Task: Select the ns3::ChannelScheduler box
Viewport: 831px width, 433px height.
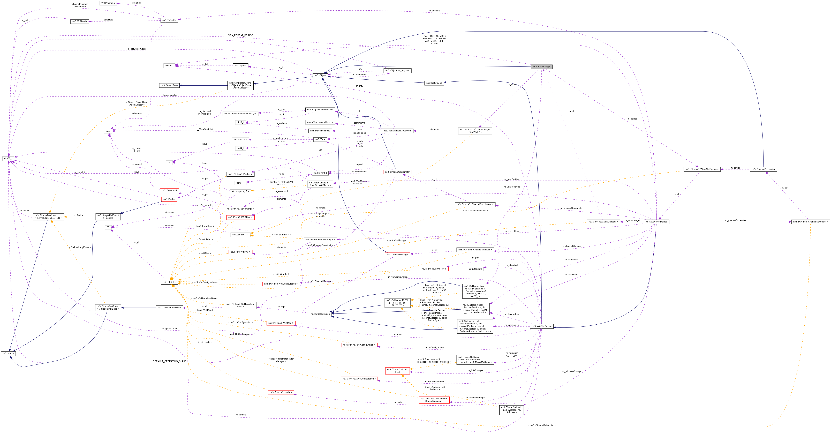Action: pos(763,169)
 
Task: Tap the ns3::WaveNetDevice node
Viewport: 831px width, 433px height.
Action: pos(656,222)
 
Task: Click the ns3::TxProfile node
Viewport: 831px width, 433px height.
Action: pos(169,20)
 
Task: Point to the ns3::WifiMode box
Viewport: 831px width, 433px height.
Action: pos(79,21)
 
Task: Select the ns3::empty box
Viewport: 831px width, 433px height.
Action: pos(8,353)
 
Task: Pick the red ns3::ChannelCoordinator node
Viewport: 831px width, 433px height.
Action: pos(397,172)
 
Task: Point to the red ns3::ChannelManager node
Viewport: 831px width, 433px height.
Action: pos(397,255)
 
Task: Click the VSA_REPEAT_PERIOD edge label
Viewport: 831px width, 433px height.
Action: pos(241,35)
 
